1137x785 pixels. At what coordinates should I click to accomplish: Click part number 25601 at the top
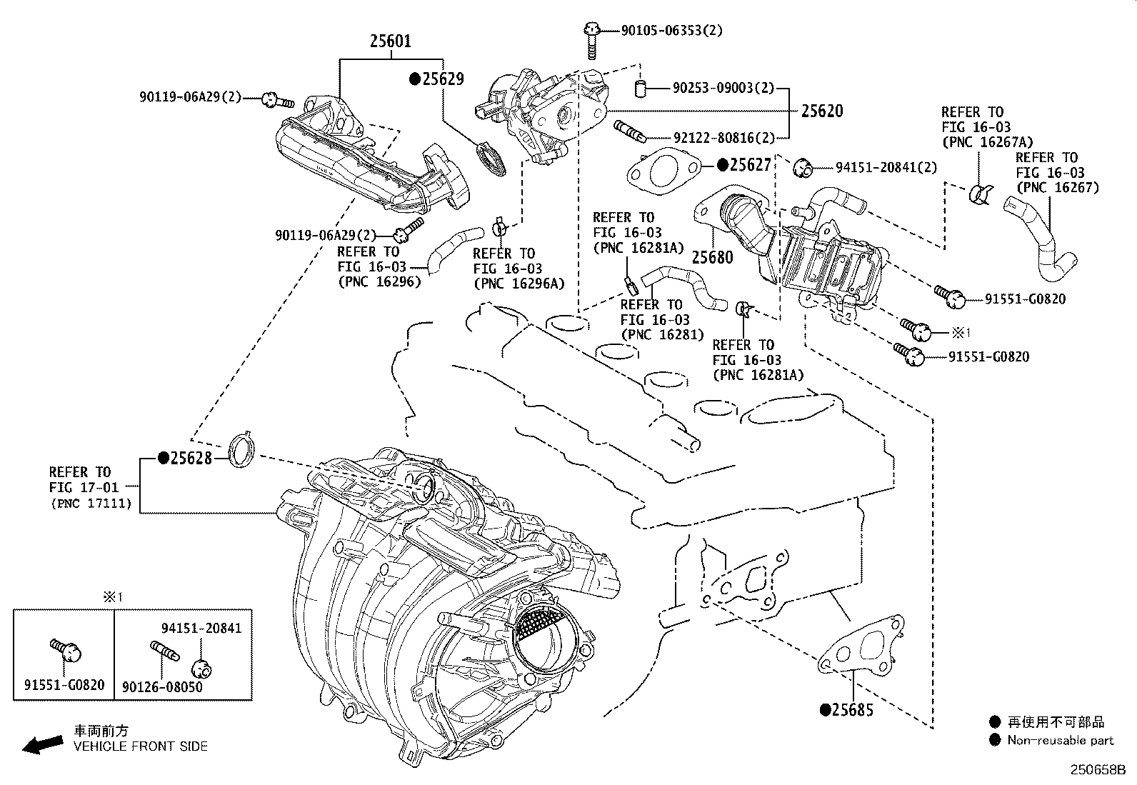390,41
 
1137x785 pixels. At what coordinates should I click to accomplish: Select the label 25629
443,79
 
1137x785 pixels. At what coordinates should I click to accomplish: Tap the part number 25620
821,111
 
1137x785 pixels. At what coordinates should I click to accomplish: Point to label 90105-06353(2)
671,30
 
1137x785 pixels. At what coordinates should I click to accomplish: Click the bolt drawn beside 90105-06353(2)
591,40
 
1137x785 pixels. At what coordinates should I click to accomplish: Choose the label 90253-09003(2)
723,88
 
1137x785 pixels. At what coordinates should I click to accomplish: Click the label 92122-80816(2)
723,137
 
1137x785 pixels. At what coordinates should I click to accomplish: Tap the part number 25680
712,258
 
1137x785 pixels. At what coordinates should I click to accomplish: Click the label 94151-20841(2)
886,167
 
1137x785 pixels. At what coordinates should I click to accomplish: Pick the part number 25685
853,710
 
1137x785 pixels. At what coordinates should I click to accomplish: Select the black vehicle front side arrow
41,745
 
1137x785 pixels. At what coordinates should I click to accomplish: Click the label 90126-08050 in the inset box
161,686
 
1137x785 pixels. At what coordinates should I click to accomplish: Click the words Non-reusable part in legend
1060,741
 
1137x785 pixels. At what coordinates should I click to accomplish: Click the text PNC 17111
91,504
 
